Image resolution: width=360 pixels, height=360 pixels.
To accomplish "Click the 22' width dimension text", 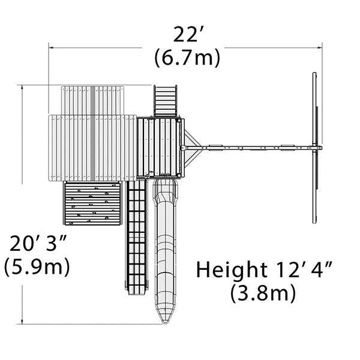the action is pyautogui.click(x=185, y=34).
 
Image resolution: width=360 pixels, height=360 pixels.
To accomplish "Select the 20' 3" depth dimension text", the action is pyautogui.click(x=38, y=243).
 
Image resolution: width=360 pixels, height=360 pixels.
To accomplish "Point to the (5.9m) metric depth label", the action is pyautogui.click(x=37, y=266).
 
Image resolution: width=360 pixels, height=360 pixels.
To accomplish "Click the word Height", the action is pyautogui.click(x=232, y=270).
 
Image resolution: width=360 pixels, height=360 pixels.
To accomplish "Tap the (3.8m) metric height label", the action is pyautogui.click(x=263, y=293).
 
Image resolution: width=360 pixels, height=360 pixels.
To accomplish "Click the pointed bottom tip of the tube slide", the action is pyautogui.click(x=164, y=324).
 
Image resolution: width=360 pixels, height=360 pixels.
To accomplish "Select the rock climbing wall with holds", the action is pyautogui.click(x=92, y=203).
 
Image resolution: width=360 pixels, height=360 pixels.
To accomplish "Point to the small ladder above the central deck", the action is pyautogui.click(x=166, y=101).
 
